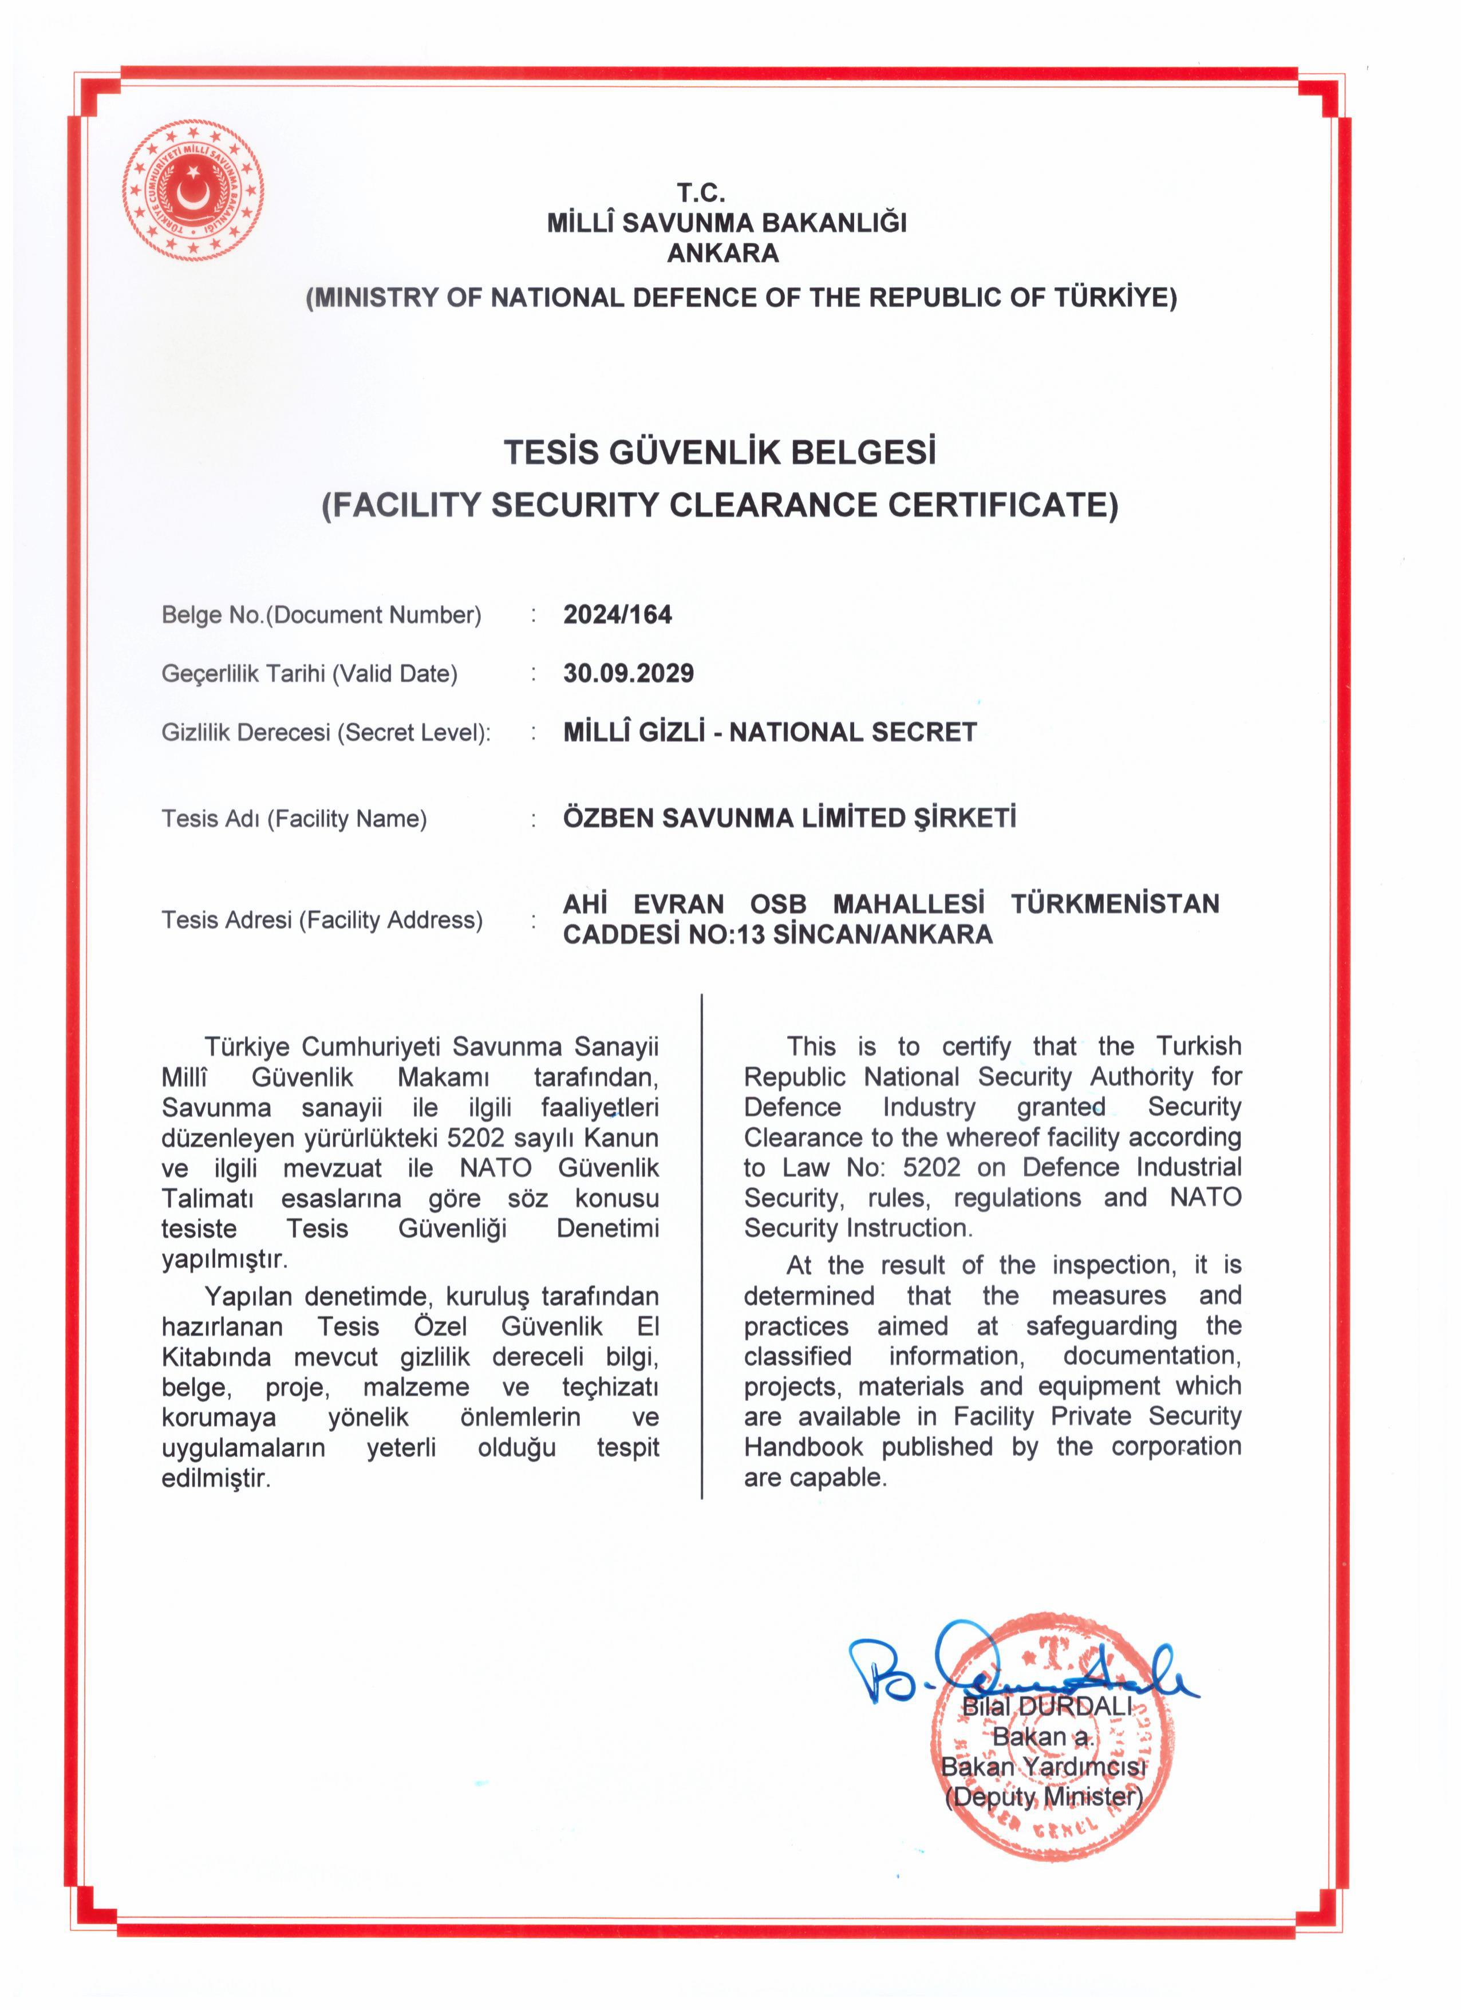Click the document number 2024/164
coord(618,614)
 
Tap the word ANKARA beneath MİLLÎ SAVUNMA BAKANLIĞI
coord(723,254)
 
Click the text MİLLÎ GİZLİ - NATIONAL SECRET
coord(769,732)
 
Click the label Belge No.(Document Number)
coord(321,615)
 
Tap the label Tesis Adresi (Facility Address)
coord(322,920)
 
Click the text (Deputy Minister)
coord(1044,1796)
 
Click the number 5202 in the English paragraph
coord(931,1167)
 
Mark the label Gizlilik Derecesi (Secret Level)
coord(325,733)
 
